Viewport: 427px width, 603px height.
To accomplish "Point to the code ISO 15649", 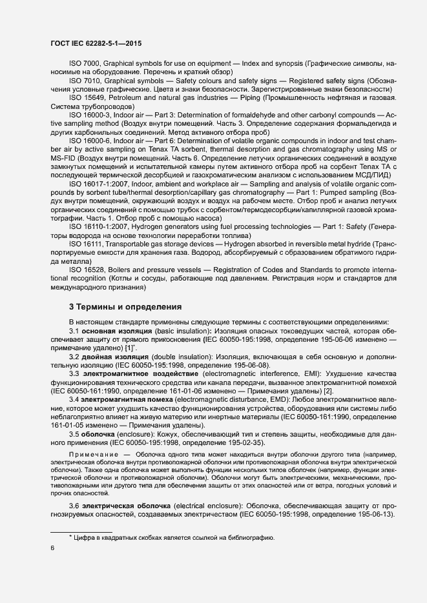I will [87, 97].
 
